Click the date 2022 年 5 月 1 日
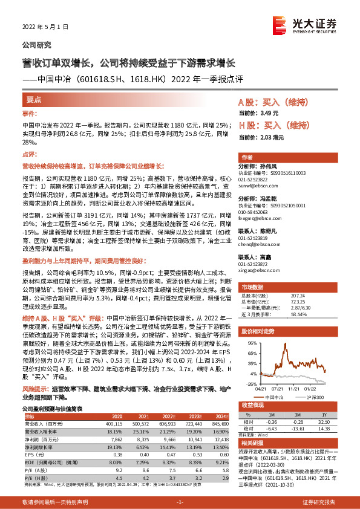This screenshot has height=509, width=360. click(x=44, y=27)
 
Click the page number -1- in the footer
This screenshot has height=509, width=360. click(x=180, y=502)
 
